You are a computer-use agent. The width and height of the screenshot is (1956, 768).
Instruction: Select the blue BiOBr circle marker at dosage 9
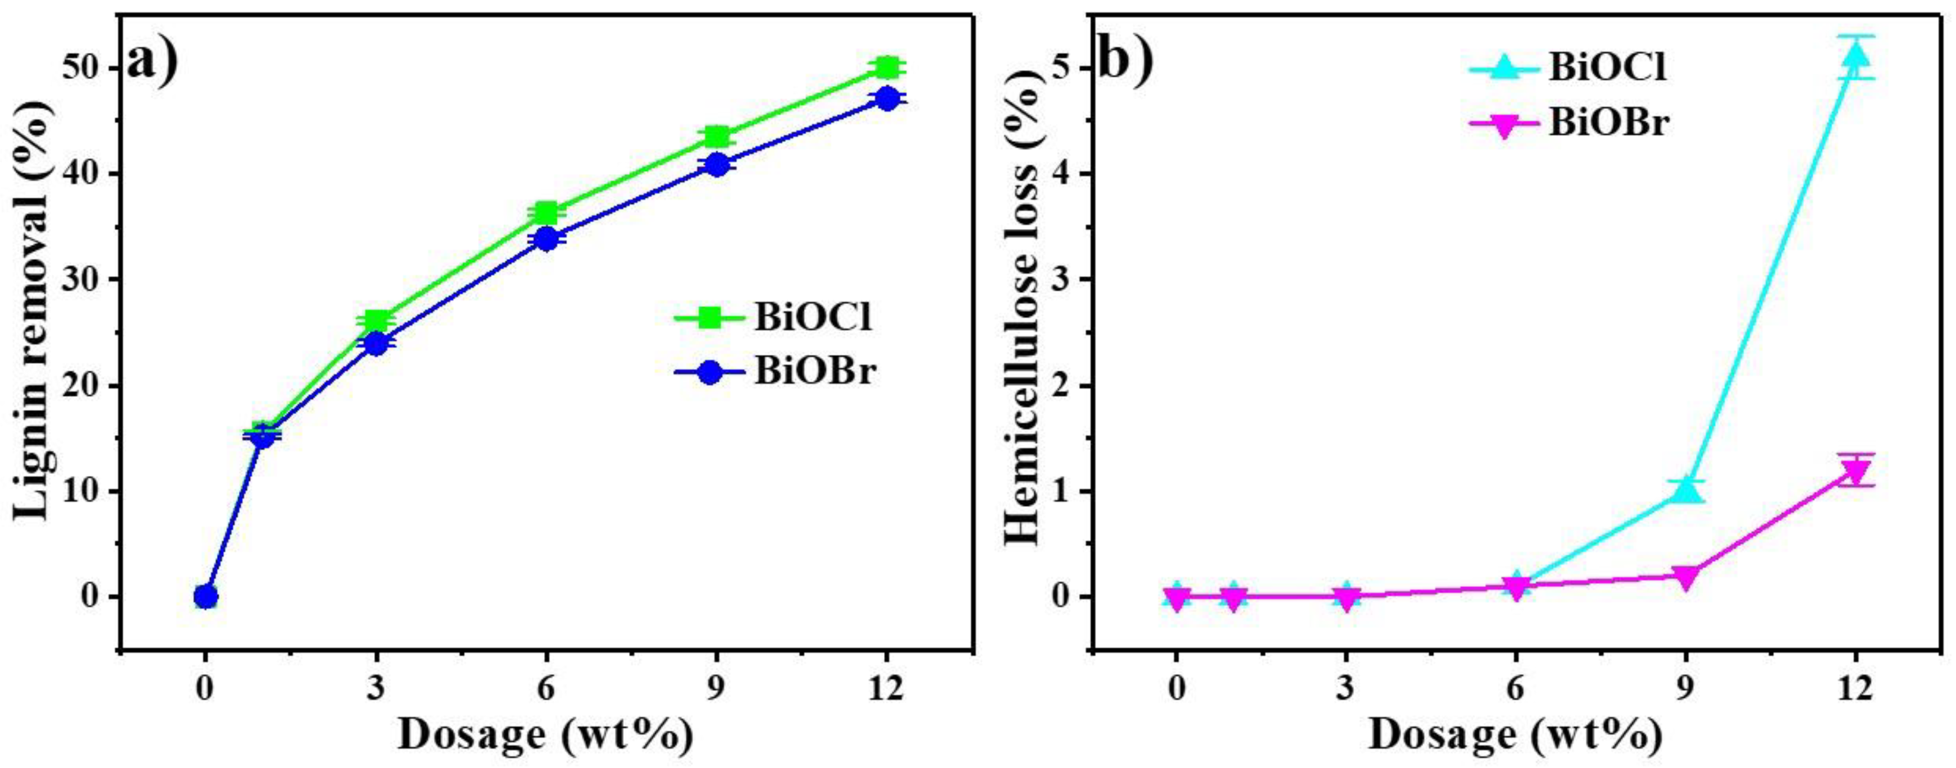tap(716, 164)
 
